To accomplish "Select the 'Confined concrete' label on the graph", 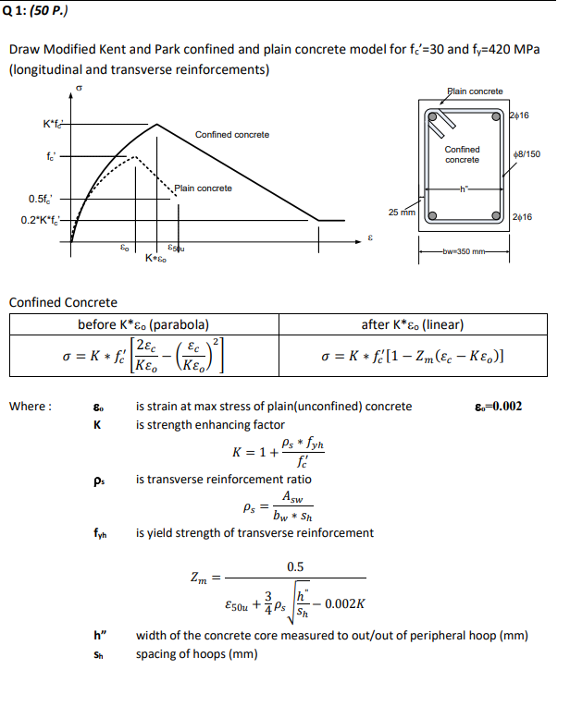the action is pos(232,135).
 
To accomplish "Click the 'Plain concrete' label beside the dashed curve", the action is pos(203,189).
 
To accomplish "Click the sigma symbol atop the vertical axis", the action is pos(79,90).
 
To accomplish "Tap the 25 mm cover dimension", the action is pos(403,213).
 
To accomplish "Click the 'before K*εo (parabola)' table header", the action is pos(142,324).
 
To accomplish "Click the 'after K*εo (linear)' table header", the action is pos(412,324).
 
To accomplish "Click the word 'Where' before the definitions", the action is pos(30,407).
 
